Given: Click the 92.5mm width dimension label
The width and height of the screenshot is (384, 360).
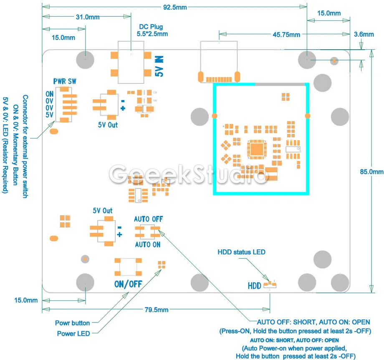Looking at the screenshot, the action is (x=175, y=8).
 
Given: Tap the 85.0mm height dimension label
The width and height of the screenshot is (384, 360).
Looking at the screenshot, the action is (x=371, y=172).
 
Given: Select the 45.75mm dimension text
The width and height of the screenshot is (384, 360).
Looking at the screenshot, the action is (x=286, y=35).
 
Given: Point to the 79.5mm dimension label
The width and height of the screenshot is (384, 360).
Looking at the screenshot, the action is (x=157, y=310).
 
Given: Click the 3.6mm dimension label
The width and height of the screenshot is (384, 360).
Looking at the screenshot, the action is (x=364, y=34).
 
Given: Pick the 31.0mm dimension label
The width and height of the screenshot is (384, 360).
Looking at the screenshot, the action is (x=88, y=17).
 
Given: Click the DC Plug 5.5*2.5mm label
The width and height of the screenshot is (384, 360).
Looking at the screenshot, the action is (x=152, y=30).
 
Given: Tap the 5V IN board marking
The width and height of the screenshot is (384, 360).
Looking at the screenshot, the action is (x=159, y=66).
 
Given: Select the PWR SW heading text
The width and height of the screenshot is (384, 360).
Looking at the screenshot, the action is (x=65, y=81).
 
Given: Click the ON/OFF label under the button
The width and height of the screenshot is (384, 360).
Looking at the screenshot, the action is (x=128, y=284).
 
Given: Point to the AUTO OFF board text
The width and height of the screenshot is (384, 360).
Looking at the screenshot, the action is (x=149, y=219).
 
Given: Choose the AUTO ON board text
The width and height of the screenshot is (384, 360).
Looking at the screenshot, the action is (x=148, y=244).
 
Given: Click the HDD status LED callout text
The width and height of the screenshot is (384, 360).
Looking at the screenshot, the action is (x=242, y=252).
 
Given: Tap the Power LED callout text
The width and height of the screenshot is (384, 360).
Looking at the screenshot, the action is (x=73, y=334).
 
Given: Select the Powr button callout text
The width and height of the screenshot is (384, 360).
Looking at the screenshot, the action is (x=73, y=323).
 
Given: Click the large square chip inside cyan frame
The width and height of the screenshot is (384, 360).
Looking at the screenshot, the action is (x=257, y=149).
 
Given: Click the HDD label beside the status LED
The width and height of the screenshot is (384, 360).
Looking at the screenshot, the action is (x=255, y=286).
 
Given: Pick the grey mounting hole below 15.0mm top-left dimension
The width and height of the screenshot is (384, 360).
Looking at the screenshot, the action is (x=85, y=60).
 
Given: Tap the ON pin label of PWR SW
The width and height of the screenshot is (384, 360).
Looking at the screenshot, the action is (x=50, y=94).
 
